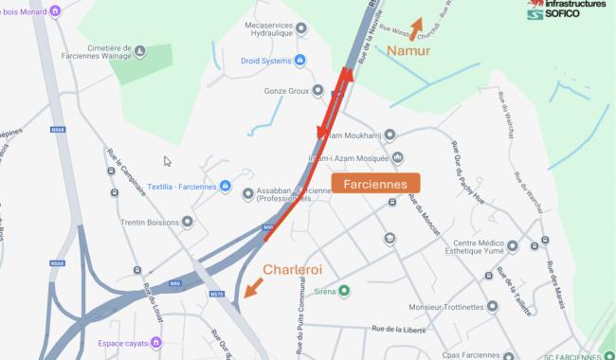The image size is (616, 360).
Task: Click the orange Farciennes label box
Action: coord(375,184)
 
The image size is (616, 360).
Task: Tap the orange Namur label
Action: coord(409,50)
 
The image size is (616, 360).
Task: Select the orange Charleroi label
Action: coord(293,270)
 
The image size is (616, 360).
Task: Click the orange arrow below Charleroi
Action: coord(251,289)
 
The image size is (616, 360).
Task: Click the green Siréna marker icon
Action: coord(344,290)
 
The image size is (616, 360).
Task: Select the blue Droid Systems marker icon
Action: coord(300,62)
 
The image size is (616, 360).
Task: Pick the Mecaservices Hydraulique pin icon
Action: coord(302,28)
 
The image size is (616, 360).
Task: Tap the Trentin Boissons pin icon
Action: coord(188,222)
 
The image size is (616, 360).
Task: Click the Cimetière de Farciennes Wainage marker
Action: coord(140,51)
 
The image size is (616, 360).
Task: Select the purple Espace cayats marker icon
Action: coord(156,342)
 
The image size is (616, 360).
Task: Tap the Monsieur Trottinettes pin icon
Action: coord(492,307)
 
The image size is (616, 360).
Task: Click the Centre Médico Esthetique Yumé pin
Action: coord(513,246)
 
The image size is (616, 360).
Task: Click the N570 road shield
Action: coord(216,295)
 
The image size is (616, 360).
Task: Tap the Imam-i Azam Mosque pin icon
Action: coord(397,157)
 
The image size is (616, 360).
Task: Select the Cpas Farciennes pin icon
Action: coord(509,356)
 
